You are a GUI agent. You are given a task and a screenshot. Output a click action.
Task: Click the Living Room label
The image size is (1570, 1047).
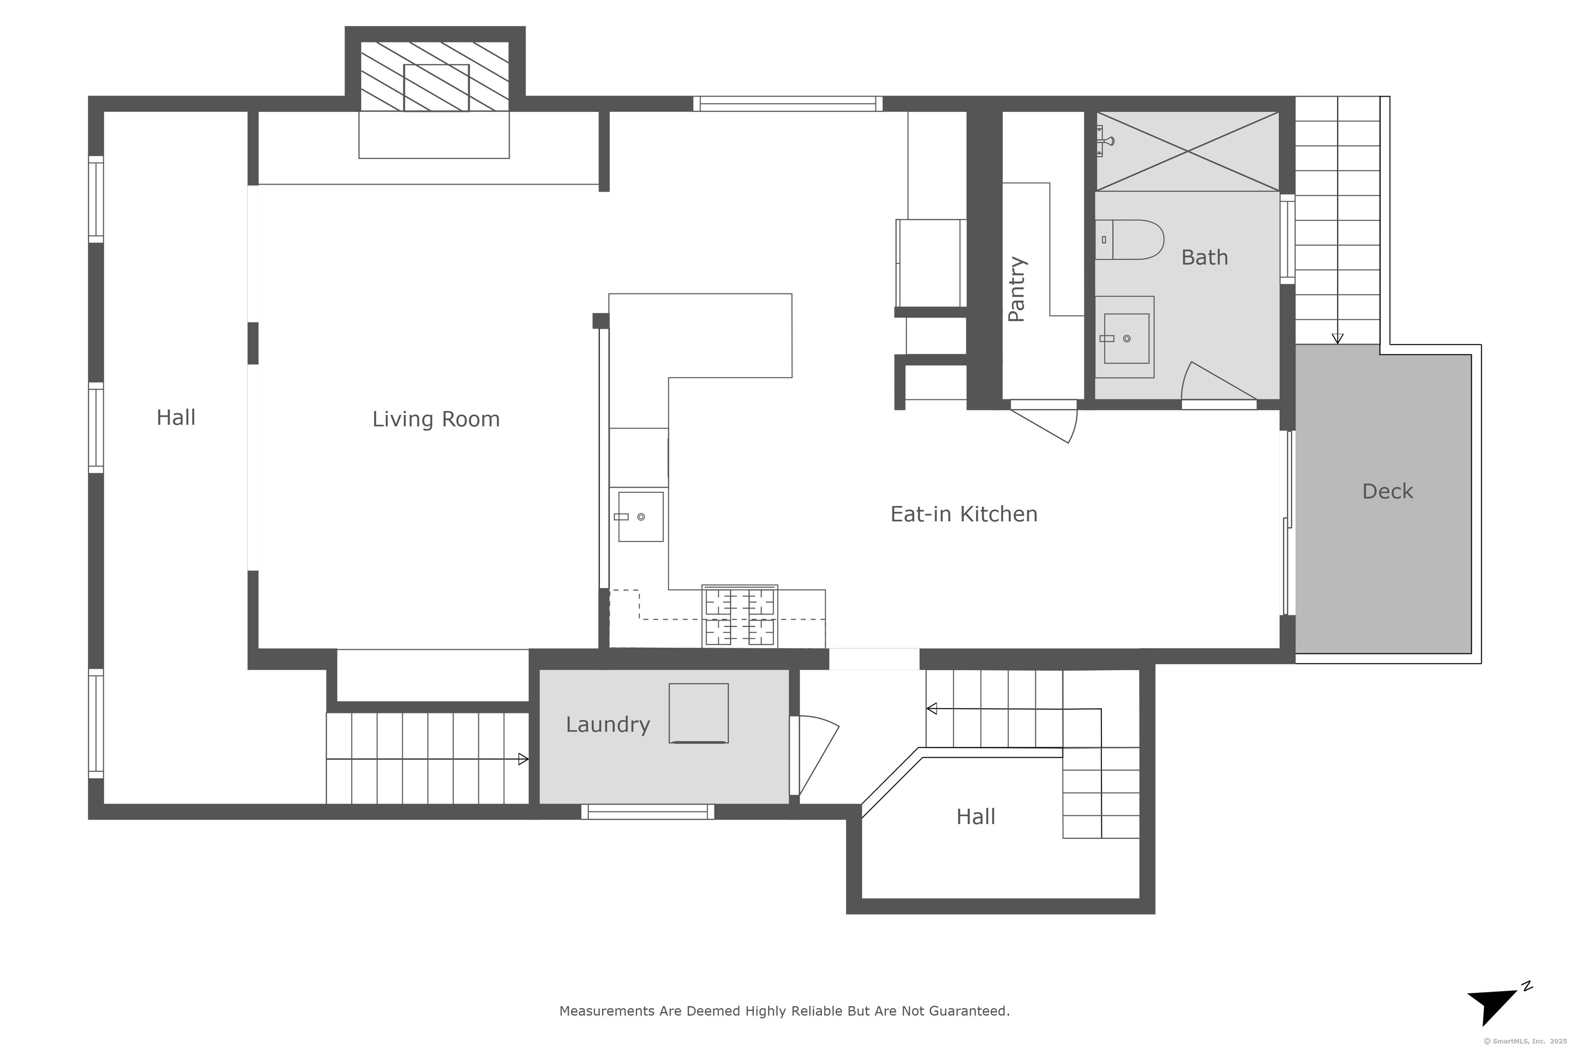tap(436, 419)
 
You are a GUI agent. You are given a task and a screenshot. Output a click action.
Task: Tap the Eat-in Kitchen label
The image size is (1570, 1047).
tap(964, 514)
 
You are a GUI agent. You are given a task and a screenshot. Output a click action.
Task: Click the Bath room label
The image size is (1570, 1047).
tap(1204, 258)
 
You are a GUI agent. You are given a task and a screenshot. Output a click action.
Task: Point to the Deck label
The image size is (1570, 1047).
tap(1387, 491)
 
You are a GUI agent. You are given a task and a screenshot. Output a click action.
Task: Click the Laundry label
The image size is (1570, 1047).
tap(608, 725)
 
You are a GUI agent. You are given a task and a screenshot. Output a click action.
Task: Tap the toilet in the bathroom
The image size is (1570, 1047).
tap(1129, 240)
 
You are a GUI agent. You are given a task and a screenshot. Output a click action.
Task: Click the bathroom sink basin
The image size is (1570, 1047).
tap(1126, 338)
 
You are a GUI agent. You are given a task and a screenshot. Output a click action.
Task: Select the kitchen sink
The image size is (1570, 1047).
tap(640, 517)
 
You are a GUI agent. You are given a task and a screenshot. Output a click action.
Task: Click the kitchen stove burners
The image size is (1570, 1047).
tap(740, 616)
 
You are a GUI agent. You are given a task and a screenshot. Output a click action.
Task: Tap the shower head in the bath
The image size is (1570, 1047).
tap(1105, 141)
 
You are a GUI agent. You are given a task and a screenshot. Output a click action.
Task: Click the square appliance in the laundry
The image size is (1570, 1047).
tap(698, 713)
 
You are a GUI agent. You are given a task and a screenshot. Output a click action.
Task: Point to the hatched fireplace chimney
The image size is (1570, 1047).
tap(434, 77)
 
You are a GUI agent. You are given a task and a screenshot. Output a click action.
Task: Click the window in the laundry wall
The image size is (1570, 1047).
tap(648, 812)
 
